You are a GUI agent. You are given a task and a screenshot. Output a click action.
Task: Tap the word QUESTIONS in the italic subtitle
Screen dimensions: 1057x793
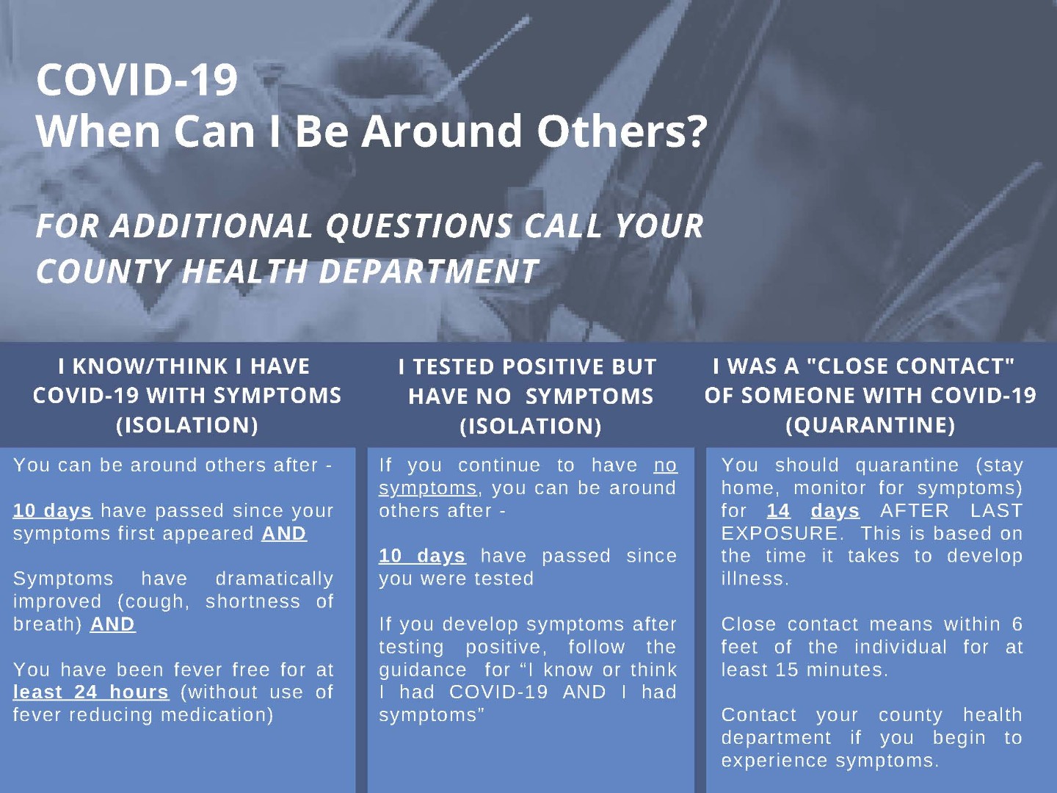pyautogui.click(x=418, y=225)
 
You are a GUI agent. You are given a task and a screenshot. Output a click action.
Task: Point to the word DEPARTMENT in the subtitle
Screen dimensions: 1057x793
pyautogui.click(x=428, y=271)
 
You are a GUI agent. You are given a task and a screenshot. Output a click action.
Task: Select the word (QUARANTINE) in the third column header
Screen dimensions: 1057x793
pyautogui.click(x=870, y=424)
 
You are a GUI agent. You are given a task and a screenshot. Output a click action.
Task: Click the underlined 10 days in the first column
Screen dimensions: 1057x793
pyautogui.click(x=53, y=511)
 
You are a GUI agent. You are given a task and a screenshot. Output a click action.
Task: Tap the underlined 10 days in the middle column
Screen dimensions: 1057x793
pyautogui.click(x=422, y=556)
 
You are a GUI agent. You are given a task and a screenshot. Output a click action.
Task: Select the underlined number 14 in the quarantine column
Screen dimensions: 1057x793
pyautogui.click(x=779, y=510)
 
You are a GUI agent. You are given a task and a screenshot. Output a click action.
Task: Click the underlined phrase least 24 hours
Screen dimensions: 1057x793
pyautogui.click(x=91, y=692)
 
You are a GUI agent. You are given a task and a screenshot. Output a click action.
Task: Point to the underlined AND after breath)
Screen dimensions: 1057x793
pyautogui.click(x=113, y=624)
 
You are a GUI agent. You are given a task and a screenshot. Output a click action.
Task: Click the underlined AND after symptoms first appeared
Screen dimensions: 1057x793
pyautogui.click(x=284, y=534)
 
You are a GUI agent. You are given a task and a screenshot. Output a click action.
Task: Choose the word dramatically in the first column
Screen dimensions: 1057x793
pyautogui.click(x=275, y=579)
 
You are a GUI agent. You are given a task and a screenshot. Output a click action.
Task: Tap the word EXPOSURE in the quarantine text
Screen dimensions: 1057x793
pyautogui.click(x=782, y=534)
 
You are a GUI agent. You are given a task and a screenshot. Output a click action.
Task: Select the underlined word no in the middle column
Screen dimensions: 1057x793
pyautogui.click(x=666, y=465)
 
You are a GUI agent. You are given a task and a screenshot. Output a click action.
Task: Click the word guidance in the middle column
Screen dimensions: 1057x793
pyautogui.click(x=423, y=670)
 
